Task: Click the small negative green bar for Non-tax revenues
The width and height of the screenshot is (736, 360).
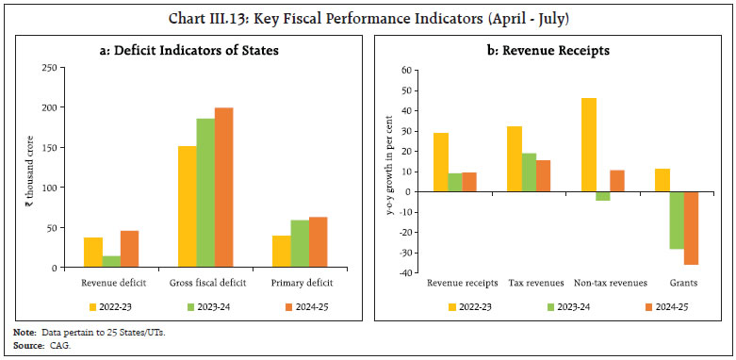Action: [603, 196]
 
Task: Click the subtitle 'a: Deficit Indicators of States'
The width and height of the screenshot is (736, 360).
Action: [188, 50]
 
